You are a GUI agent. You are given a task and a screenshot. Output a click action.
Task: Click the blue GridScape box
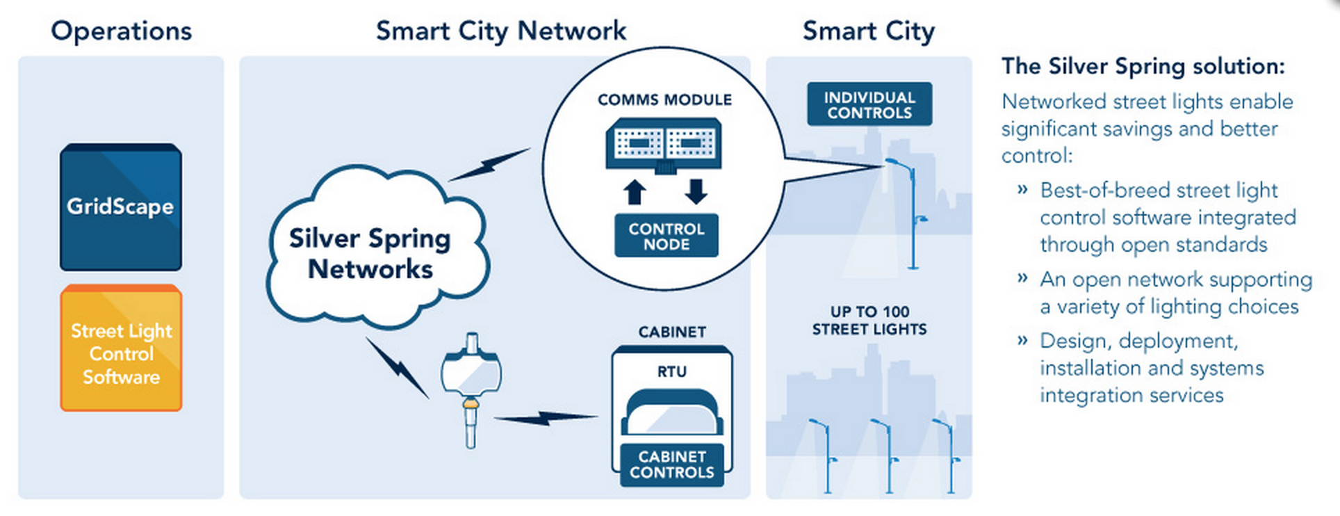tap(120, 207)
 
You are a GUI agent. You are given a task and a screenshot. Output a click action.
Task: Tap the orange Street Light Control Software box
tap(121, 348)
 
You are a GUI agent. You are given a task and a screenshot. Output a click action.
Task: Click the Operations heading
tap(121, 31)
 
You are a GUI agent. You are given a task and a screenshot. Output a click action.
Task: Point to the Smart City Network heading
tap(500, 31)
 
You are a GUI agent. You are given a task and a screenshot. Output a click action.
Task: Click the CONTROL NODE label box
tap(666, 236)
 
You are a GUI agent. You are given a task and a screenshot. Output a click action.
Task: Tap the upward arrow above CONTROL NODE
tap(634, 192)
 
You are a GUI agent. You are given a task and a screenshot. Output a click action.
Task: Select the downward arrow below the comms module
tap(696, 192)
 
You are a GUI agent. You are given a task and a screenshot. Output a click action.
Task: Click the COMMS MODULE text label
tap(664, 100)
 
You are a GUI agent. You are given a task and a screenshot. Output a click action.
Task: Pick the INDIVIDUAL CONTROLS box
tap(869, 105)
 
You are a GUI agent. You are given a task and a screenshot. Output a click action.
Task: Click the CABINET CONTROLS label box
tap(671, 465)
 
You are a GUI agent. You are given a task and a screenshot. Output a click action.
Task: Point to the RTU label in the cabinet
tap(671, 372)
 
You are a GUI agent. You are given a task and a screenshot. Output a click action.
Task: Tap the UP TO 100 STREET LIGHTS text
tap(869, 321)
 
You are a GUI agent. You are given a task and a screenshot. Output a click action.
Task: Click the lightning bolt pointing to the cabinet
tap(546, 418)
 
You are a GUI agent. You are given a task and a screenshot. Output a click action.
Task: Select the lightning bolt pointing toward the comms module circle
tap(491, 164)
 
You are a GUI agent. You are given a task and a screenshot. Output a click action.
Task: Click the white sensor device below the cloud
tap(471, 386)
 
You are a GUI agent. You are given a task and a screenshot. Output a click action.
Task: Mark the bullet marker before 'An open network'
tap(1022, 280)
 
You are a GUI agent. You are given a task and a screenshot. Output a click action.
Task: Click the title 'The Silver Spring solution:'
tap(1143, 67)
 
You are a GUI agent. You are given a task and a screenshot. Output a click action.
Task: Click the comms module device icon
tap(664, 145)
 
